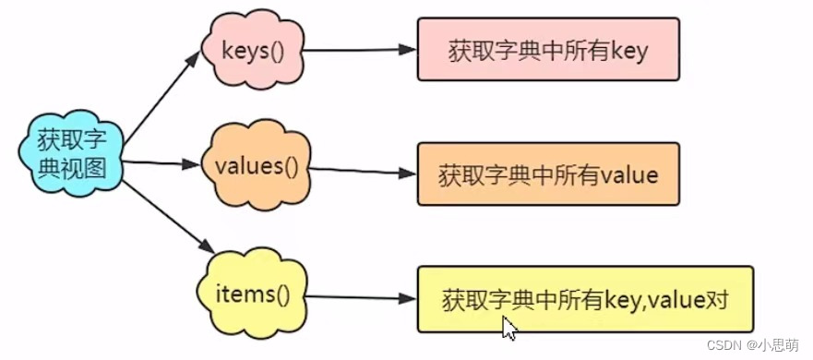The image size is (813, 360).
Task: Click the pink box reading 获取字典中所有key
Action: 548,50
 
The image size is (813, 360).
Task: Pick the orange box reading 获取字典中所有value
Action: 548,174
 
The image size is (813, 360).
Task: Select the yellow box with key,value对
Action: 585,299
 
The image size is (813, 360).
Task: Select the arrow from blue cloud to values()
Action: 161,164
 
